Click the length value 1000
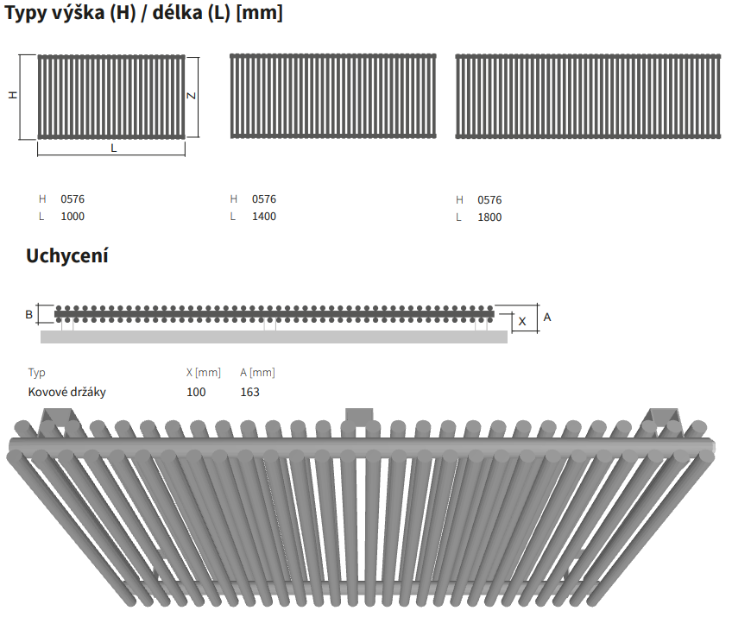[x=73, y=217]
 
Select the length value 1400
[x=264, y=217]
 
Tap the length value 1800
[x=489, y=217]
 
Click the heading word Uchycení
[x=67, y=255]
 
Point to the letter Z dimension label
[x=191, y=96]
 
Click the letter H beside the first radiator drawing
[x=13, y=95]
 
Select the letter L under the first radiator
[x=113, y=148]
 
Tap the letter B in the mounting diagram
[x=29, y=315]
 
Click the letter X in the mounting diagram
[x=522, y=322]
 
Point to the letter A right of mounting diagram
[x=547, y=318]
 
